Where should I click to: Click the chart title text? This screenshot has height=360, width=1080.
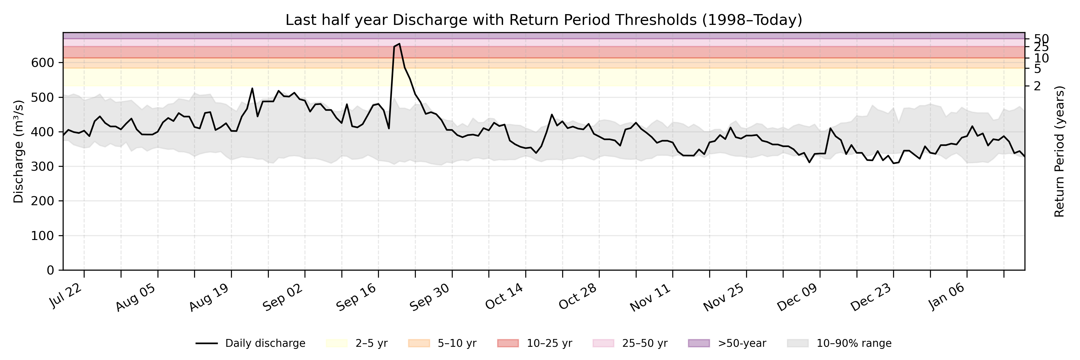point(543,20)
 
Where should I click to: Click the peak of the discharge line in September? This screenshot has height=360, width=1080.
point(399,43)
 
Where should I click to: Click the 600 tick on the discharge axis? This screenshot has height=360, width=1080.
point(43,63)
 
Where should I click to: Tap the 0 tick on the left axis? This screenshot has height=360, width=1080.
point(50,270)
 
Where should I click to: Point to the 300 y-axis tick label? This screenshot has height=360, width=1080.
point(43,167)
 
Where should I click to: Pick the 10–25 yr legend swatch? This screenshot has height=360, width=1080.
point(508,343)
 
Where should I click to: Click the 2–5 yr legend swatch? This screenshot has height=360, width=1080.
point(337,343)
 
